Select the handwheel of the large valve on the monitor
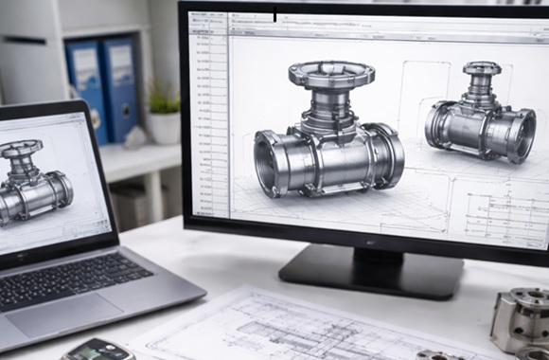[331, 74]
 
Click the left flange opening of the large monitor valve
[272, 162]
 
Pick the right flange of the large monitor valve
[385, 154]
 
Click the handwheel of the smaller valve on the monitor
[482, 68]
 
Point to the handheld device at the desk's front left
[98, 350]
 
